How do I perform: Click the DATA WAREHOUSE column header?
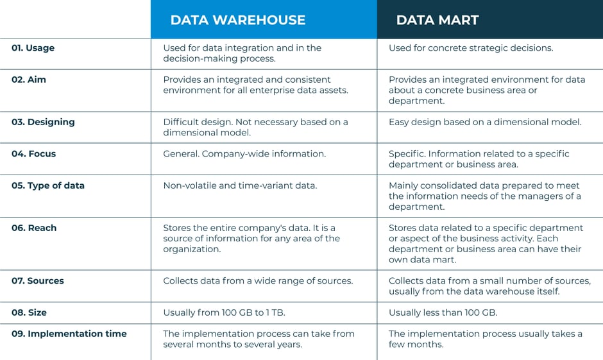[x=237, y=20]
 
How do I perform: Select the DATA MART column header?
[x=437, y=20]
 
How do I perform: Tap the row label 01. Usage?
[x=33, y=48]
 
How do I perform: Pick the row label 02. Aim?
[x=29, y=80]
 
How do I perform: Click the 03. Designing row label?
[x=43, y=122]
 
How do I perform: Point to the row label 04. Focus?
[x=33, y=154]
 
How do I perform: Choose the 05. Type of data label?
[x=48, y=185]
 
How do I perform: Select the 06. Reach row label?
[x=34, y=228]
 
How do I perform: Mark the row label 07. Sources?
[x=38, y=281]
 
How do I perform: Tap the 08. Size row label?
[x=29, y=313]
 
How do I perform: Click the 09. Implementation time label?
[x=69, y=334]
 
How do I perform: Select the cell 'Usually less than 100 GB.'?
[x=443, y=313]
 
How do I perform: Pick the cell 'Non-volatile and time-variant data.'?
[x=241, y=185]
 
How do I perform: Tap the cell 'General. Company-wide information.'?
[x=244, y=154]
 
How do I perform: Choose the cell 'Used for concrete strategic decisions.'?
[x=471, y=48]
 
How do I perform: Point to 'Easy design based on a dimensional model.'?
[x=485, y=122]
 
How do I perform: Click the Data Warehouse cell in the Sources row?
[x=258, y=281]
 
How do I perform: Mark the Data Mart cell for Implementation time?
[x=486, y=339]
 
